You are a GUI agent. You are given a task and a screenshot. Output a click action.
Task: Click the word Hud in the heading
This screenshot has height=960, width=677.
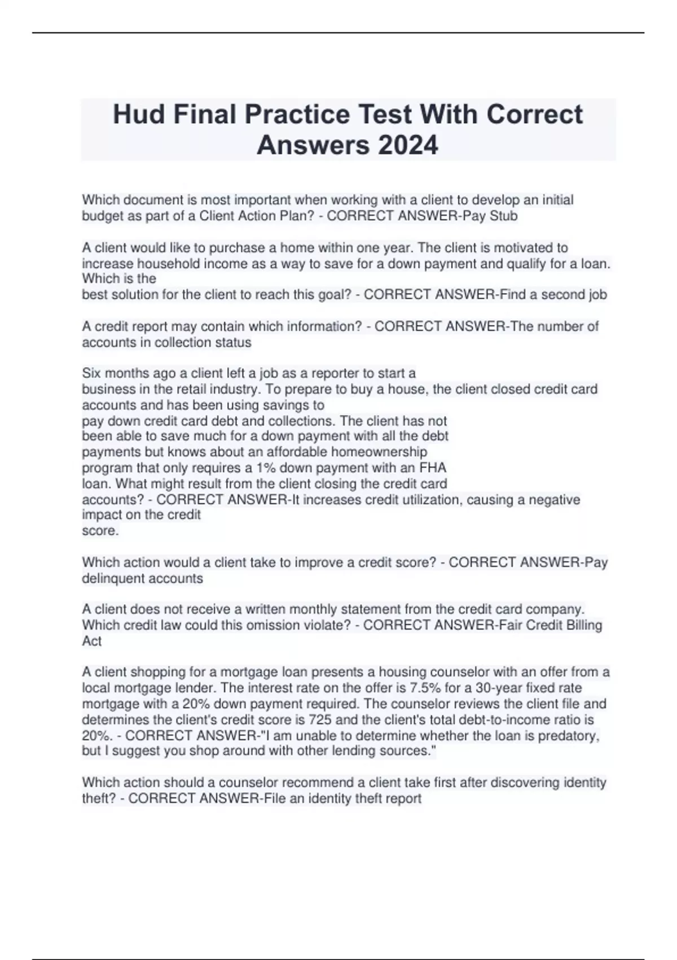(x=138, y=114)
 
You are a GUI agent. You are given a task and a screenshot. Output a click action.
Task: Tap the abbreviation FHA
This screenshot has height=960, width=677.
(x=433, y=468)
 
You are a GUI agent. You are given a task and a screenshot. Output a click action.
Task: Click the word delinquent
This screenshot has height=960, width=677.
(x=114, y=578)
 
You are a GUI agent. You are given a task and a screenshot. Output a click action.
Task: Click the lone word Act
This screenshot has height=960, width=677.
(x=91, y=641)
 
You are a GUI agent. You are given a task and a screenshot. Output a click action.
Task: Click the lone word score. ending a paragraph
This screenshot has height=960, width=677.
(x=100, y=531)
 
